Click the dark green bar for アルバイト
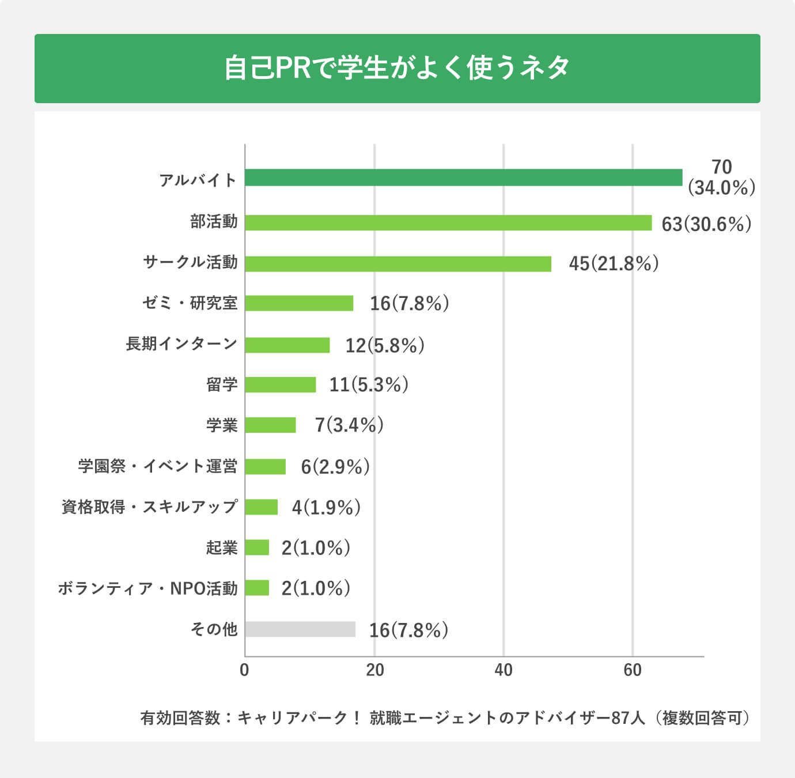pos(463,177)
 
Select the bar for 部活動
pos(448,223)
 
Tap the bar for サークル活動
pos(397,264)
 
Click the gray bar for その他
pos(300,629)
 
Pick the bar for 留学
pos(280,384)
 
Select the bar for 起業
pos(257,547)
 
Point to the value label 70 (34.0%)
pos(721,177)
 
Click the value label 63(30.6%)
pos(706,224)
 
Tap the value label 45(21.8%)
pos(614,264)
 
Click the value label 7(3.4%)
pos(349,425)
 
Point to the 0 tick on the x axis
pos(244,670)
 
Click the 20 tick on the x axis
pos(374,670)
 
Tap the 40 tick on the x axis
pos(503,670)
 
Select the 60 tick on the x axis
pos(633,670)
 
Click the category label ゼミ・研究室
pos(190,303)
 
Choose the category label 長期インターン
pos(181,344)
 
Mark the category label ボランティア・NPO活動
pos(147,588)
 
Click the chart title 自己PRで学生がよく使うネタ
pos(397,68)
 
